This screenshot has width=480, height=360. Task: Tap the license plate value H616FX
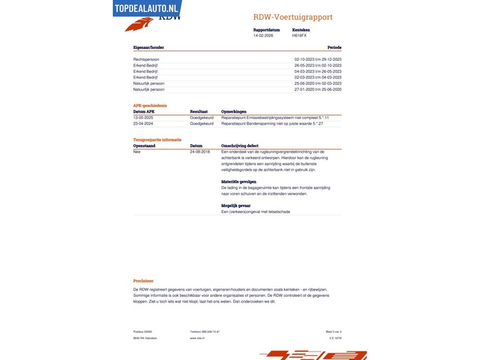coord(300,35)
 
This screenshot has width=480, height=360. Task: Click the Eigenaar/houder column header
coord(148,47)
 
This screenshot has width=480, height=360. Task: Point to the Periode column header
coord(334,47)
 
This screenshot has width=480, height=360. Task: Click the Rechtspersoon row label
coord(147,60)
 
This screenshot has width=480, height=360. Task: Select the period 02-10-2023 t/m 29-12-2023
coord(317,60)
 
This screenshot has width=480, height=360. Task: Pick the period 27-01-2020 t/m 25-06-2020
coord(317,90)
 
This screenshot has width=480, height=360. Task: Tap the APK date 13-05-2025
coord(143,118)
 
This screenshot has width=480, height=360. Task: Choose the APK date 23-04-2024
coord(143,123)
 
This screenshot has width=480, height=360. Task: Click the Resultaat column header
coord(198,111)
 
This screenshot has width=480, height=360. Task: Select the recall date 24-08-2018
coord(200,151)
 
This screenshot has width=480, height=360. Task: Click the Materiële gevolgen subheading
coord(238,181)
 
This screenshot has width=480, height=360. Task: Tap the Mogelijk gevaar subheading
coord(235,205)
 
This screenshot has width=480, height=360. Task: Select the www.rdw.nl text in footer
coord(197,338)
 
